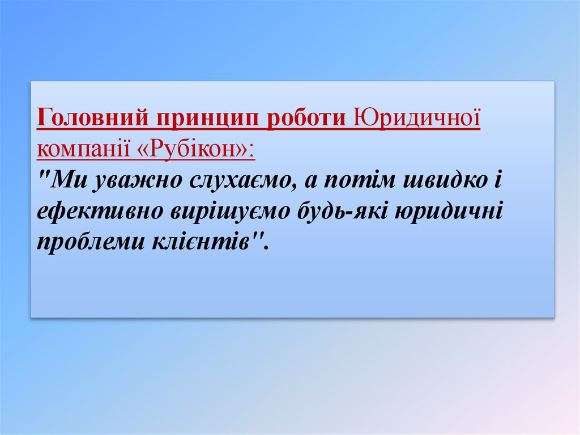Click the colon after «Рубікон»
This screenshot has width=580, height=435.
click(251, 151)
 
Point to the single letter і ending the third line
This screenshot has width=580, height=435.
click(498, 181)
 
